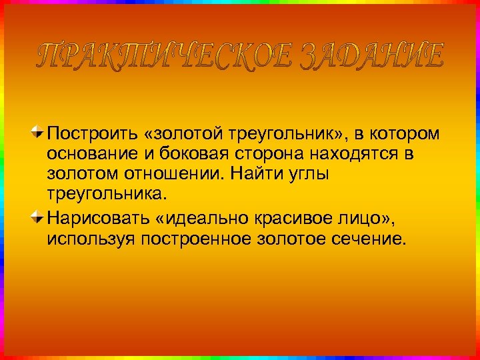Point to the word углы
coord(311,175)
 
